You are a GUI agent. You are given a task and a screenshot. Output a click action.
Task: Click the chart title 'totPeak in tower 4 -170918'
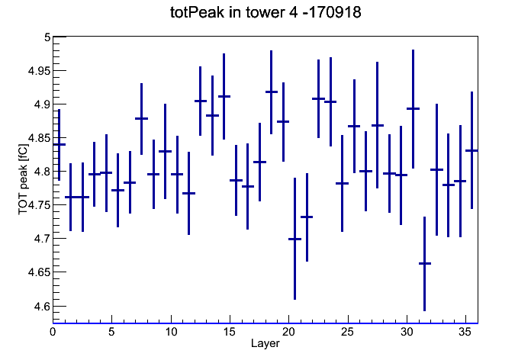pyautogui.click(x=265, y=12)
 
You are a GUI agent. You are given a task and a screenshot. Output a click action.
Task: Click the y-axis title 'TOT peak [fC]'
pyautogui.click(x=23, y=179)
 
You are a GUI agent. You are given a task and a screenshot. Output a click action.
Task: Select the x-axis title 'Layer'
pyautogui.click(x=265, y=343)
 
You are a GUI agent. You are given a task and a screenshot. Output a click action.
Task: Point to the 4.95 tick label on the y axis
pyautogui.click(x=39, y=71)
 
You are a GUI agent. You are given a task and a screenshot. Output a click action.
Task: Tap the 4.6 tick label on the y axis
pyautogui.click(x=42, y=307)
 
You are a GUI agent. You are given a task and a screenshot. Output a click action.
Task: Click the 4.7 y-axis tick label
pyautogui.click(x=42, y=239)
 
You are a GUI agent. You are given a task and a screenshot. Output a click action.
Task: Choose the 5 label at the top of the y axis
pyautogui.click(x=47, y=37)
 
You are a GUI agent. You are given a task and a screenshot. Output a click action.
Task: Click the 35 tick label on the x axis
pyautogui.click(x=465, y=332)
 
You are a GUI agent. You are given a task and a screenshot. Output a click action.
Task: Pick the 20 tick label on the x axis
pyautogui.click(x=288, y=332)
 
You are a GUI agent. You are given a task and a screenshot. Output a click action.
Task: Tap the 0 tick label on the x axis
pyautogui.click(x=53, y=332)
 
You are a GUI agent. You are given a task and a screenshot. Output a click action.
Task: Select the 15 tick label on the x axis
pyautogui.click(x=230, y=332)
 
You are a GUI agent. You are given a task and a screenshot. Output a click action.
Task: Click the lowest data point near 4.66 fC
pyautogui.click(x=425, y=263)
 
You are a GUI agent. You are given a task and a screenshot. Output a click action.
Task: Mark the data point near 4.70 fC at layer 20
pyautogui.click(x=294, y=239)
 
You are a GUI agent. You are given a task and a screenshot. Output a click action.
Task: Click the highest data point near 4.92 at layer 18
pyautogui.click(x=272, y=92)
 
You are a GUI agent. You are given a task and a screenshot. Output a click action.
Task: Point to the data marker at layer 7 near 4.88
pyautogui.click(x=142, y=118)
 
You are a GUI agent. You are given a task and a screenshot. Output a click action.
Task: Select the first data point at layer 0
pyautogui.click(x=60, y=144)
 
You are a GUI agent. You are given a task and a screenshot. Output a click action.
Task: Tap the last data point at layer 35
pyautogui.click(x=471, y=150)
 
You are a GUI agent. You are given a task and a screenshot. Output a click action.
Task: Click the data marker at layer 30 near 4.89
pyautogui.click(x=413, y=108)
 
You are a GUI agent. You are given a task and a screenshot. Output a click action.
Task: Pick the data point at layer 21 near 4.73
pyautogui.click(x=307, y=217)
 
